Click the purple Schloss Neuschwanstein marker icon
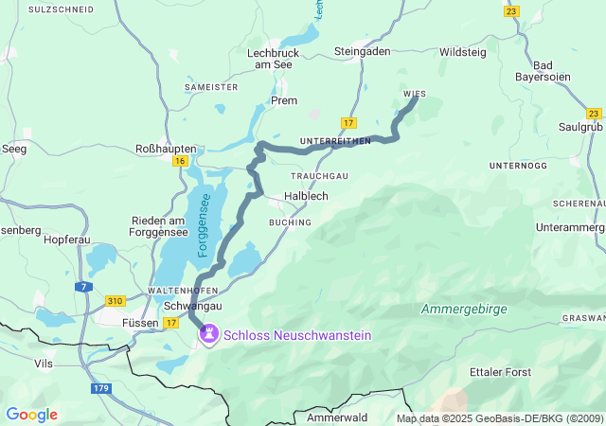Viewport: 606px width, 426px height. pyautogui.click(x=208, y=334)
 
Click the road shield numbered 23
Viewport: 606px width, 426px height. pyautogui.click(x=511, y=10)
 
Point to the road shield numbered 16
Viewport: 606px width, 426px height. pyautogui.click(x=180, y=161)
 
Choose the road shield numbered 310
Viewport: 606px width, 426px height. pyautogui.click(x=115, y=301)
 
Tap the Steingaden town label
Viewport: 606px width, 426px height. pyautogui.click(x=362, y=51)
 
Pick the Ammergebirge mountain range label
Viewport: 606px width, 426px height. pyautogui.click(x=464, y=310)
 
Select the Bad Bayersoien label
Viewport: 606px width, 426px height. pyautogui.click(x=547, y=71)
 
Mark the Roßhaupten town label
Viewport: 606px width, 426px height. pyautogui.click(x=167, y=149)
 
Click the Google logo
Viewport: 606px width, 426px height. pyautogui.click(x=31, y=415)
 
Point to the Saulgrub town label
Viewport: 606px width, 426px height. pyautogui.click(x=579, y=126)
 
